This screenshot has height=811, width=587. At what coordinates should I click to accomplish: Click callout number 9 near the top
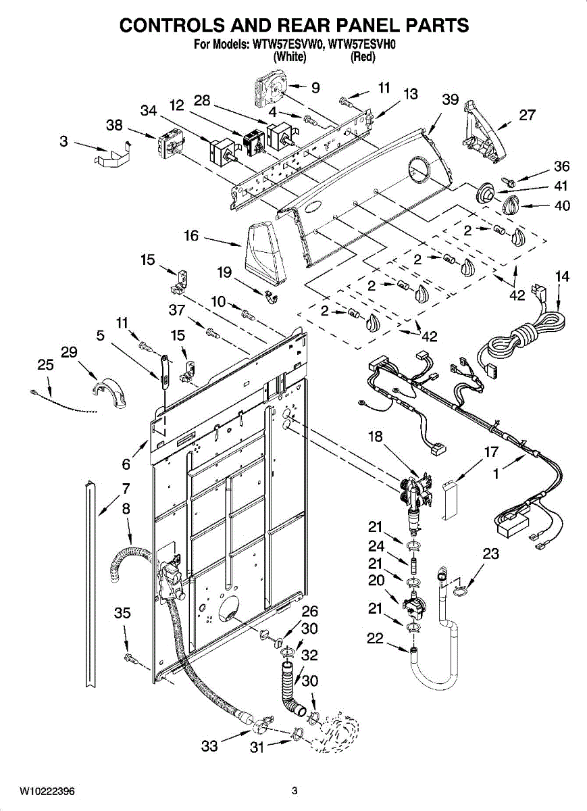click(315, 88)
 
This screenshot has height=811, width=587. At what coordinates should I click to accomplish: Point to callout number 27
click(527, 115)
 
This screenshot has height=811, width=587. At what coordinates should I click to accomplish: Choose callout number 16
click(191, 236)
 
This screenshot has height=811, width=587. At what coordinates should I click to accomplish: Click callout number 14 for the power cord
click(563, 276)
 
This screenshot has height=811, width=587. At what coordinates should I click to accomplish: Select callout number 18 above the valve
click(376, 437)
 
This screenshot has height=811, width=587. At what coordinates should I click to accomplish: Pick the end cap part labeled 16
click(265, 252)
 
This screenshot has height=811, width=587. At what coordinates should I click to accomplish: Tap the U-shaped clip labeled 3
click(113, 155)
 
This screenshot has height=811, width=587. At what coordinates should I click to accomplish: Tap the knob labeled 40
click(510, 205)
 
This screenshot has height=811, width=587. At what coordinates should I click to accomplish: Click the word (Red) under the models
click(363, 57)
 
